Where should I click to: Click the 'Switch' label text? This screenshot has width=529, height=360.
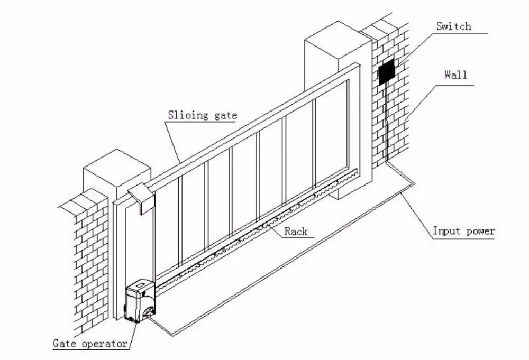[453, 26]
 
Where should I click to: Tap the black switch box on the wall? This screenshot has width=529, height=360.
[387, 71]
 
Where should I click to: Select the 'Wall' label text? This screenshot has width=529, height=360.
[455, 75]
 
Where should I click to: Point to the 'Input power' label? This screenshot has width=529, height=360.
[463, 231]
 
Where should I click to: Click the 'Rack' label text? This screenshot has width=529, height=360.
[296, 231]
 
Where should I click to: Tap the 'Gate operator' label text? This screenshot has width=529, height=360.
[90, 344]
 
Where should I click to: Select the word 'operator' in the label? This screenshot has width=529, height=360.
[105, 344]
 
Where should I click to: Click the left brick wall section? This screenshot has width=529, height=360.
[87, 254]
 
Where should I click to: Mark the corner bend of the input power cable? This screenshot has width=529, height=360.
[413, 182]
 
